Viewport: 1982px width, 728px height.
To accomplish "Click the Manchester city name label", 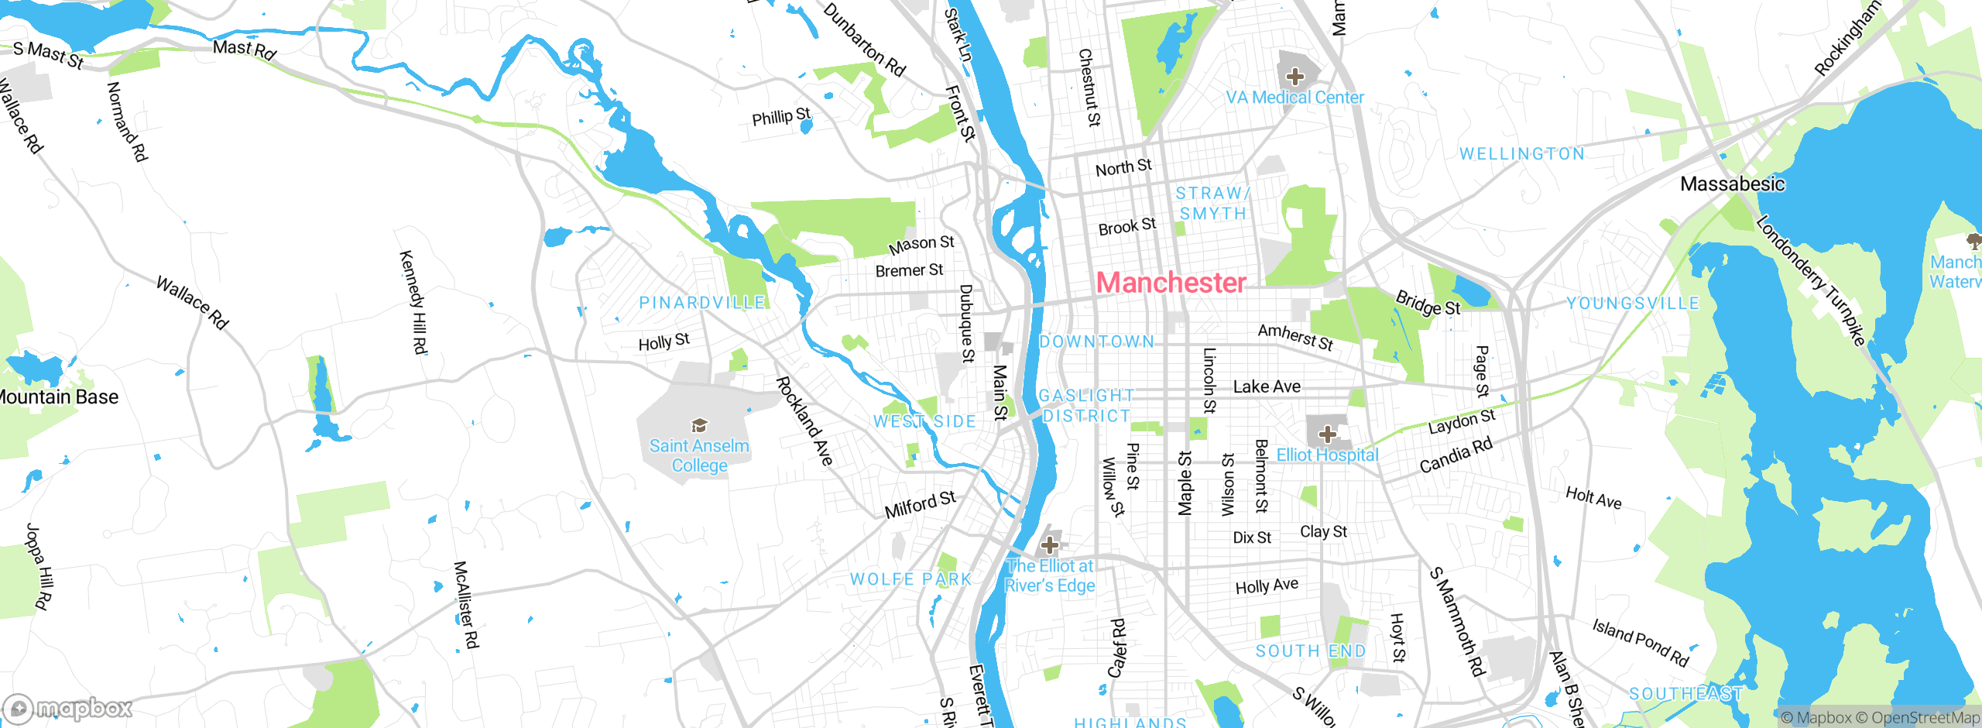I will click(x=1171, y=283).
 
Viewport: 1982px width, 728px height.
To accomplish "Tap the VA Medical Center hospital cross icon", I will click(x=1294, y=77).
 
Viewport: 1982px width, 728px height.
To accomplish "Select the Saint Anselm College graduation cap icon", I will click(x=699, y=425).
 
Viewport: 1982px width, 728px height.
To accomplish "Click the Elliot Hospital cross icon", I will click(x=1327, y=434).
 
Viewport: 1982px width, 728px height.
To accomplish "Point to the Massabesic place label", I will click(x=1732, y=184).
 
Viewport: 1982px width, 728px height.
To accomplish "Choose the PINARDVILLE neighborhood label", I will click(x=701, y=303).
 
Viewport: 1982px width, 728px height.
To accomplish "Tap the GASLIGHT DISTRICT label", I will click(x=1086, y=406).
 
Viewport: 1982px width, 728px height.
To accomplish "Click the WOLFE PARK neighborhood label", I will click(x=910, y=579).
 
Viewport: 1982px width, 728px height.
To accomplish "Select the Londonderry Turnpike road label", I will click(x=1810, y=280).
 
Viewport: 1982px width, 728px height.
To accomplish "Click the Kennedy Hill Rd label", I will click(x=413, y=302).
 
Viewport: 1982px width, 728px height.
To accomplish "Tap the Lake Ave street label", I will click(x=1267, y=386).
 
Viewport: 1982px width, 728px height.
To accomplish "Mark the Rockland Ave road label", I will click(x=804, y=421).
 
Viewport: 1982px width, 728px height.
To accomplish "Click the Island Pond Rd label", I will click(x=1640, y=642).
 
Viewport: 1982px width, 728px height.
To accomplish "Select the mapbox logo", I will click(x=67, y=708).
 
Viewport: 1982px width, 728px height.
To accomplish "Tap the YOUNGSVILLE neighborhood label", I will click(x=1633, y=304).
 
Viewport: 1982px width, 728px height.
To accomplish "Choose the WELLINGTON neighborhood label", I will click(x=1521, y=154).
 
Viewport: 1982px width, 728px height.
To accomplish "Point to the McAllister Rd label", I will click(x=466, y=605).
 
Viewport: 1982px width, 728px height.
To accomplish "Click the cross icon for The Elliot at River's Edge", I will click(x=1049, y=544).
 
